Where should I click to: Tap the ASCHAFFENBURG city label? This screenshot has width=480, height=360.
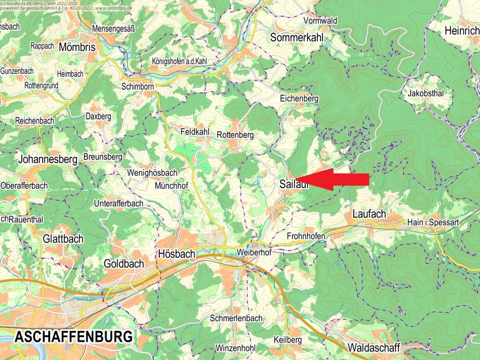click(73, 337)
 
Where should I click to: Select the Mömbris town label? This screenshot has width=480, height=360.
click(77, 47)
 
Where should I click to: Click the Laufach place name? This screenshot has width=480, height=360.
click(369, 214)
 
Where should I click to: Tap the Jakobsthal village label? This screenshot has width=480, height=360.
click(426, 93)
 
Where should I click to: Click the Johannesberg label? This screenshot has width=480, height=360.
click(48, 160)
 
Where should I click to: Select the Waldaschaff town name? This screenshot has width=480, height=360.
click(374, 348)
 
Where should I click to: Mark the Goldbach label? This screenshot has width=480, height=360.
click(124, 264)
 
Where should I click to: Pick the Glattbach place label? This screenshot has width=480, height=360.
click(63, 239)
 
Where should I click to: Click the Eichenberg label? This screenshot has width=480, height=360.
click(299, 99)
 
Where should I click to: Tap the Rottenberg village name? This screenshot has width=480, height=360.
click(235, 135)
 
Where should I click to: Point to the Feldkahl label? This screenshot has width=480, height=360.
click(195, 132)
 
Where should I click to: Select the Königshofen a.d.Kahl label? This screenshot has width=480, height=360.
click(180, 61)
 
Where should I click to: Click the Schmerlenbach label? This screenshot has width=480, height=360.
click(237, 318)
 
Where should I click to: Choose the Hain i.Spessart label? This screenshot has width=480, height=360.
click(433, 223)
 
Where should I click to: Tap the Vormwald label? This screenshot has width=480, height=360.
click(321, 21)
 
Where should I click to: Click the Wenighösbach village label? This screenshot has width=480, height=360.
click(152, 173)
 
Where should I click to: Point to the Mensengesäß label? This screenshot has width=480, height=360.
click(114, 29)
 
